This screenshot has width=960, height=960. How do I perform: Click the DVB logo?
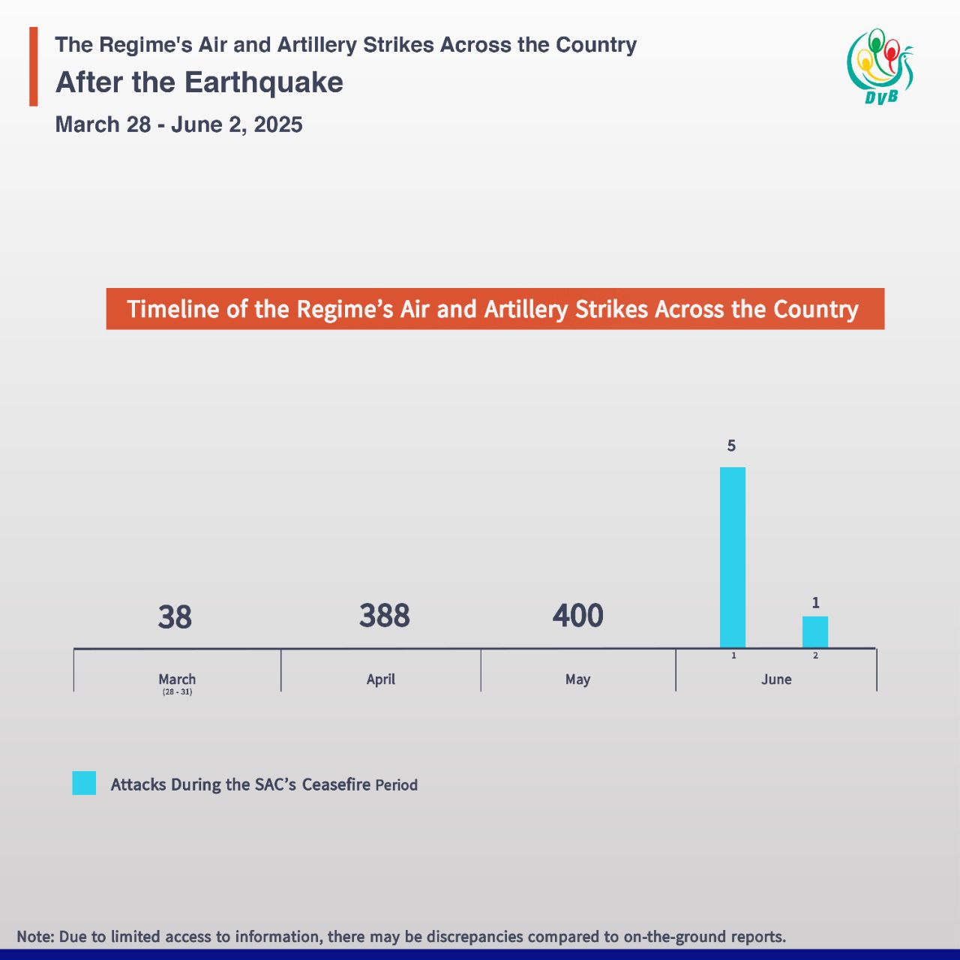point(880,66)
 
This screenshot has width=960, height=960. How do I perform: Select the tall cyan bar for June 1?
point(733,556)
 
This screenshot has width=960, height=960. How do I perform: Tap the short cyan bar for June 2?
point(815,631)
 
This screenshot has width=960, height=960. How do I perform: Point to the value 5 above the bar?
point(731,446)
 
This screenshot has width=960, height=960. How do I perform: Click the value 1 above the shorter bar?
point(815,603)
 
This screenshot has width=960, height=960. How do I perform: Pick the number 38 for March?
point(175,617)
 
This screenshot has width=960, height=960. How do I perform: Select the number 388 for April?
point(384,616)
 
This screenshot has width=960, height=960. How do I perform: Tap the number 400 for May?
point(577,616)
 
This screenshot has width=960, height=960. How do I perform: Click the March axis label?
point(177,679)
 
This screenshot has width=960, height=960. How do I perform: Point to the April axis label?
point(380,679)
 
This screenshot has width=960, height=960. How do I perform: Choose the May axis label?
point(577,679)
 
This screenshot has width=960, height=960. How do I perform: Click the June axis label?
point(776,679)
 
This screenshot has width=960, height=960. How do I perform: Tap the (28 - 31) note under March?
point(177,691)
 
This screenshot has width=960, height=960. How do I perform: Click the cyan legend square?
point(84,783)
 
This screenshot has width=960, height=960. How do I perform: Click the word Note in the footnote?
point(34,937)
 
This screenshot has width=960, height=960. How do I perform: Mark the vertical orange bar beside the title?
point(33,66)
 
